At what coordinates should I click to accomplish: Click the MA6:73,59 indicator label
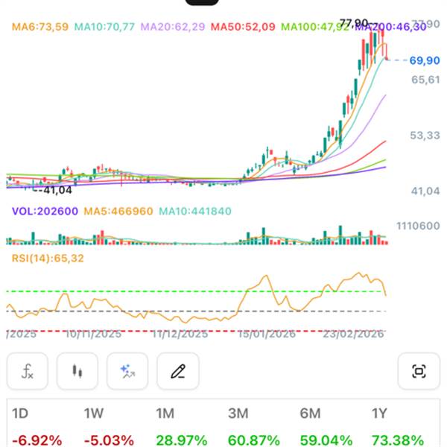38,27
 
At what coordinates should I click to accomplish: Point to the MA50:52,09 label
243,27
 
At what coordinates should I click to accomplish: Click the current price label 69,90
426,60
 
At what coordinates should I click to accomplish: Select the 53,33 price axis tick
425,135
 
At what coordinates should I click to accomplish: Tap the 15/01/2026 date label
265,336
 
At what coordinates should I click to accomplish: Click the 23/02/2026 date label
353,336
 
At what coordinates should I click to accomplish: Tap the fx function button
28,371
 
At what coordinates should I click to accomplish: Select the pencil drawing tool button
177,371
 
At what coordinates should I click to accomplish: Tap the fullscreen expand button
419,371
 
